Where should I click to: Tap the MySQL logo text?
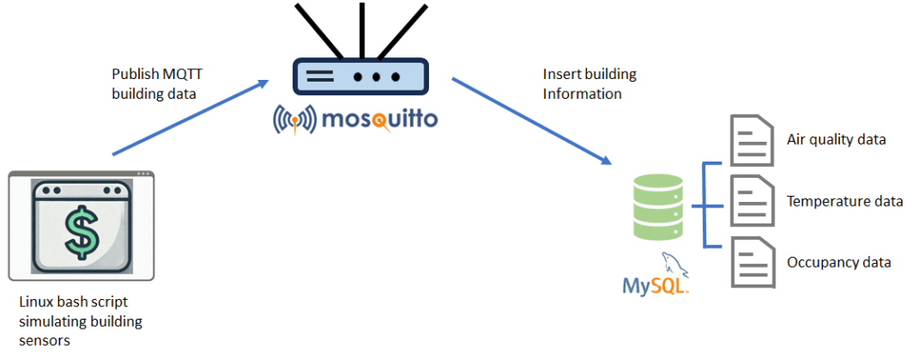(x=655, y=286)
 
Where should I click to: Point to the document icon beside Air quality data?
(x=751, y=140)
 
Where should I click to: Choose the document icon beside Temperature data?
(x=751, y=202)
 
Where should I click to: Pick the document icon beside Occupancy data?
(x=751, y=262)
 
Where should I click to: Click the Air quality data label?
(x=836, y=139)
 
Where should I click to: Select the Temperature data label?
(x=845, y=201)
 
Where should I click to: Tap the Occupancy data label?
(x=839, y=262)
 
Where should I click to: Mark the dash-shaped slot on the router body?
(x=320, y=77)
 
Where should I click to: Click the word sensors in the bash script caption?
(x=44, y=340)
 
